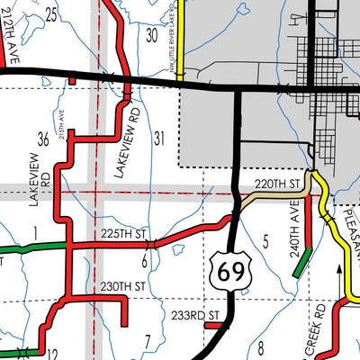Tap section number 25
pos(50,13)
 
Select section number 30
pos(152,34)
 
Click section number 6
pos(144,261)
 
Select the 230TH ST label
pos(123,287)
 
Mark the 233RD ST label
pos(195,315)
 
